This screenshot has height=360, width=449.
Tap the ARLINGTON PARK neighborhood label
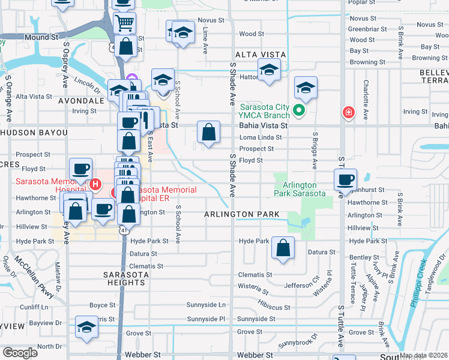[241, 214]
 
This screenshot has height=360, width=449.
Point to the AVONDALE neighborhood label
[82, 101]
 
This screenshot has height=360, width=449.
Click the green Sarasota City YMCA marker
[300, 111]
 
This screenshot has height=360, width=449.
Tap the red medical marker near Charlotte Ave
[348, 112]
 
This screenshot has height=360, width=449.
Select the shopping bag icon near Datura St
[283, 247]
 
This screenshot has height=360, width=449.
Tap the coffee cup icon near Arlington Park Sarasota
[345, 179]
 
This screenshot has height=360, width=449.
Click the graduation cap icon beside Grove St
[87, 327]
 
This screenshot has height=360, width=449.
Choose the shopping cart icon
[125, 23]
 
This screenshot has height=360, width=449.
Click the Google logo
[20, 352]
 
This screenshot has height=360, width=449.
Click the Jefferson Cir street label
[304, 285]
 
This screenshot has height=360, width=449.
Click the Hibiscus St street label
[271, 307]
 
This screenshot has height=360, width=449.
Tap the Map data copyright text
[423, 355]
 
